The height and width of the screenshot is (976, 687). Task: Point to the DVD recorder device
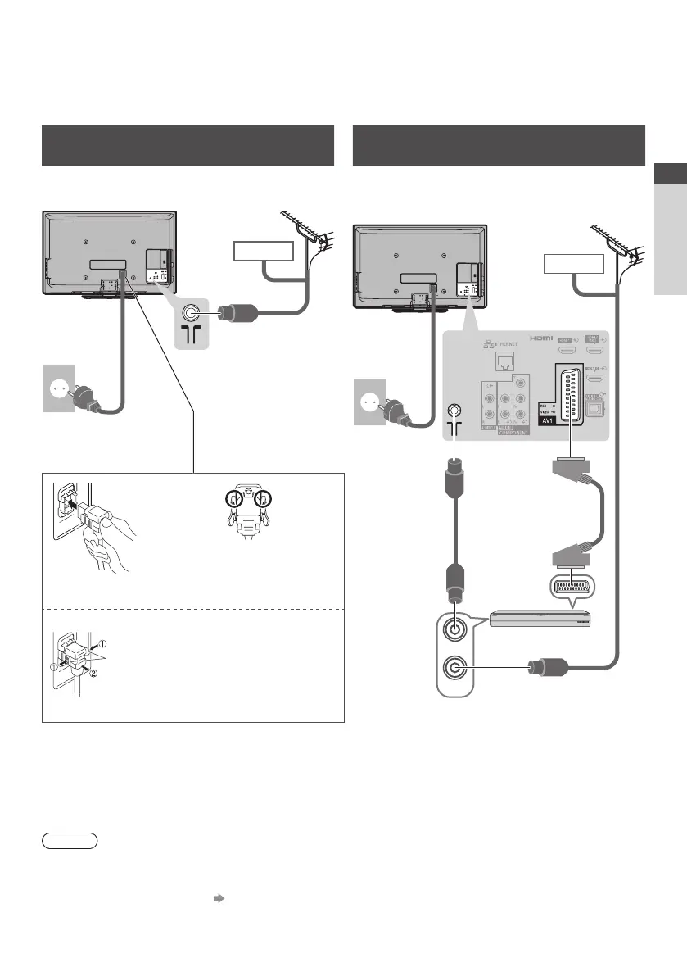(540, 617)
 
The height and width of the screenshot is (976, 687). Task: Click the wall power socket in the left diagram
(57, 389)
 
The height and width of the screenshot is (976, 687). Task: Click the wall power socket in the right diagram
(369, 402)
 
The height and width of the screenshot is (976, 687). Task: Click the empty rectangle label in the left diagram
(264, 251)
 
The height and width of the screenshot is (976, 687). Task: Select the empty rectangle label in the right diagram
(574, 264)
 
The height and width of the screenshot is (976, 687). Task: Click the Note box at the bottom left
(70, 840)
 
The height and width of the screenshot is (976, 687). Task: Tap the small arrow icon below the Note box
(219, 898)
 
